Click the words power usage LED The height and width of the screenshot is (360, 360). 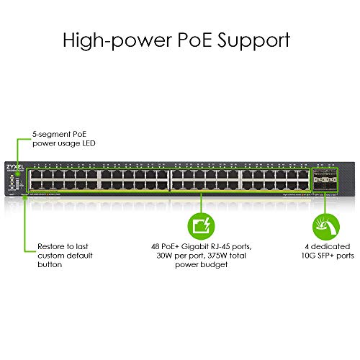[63, 143]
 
